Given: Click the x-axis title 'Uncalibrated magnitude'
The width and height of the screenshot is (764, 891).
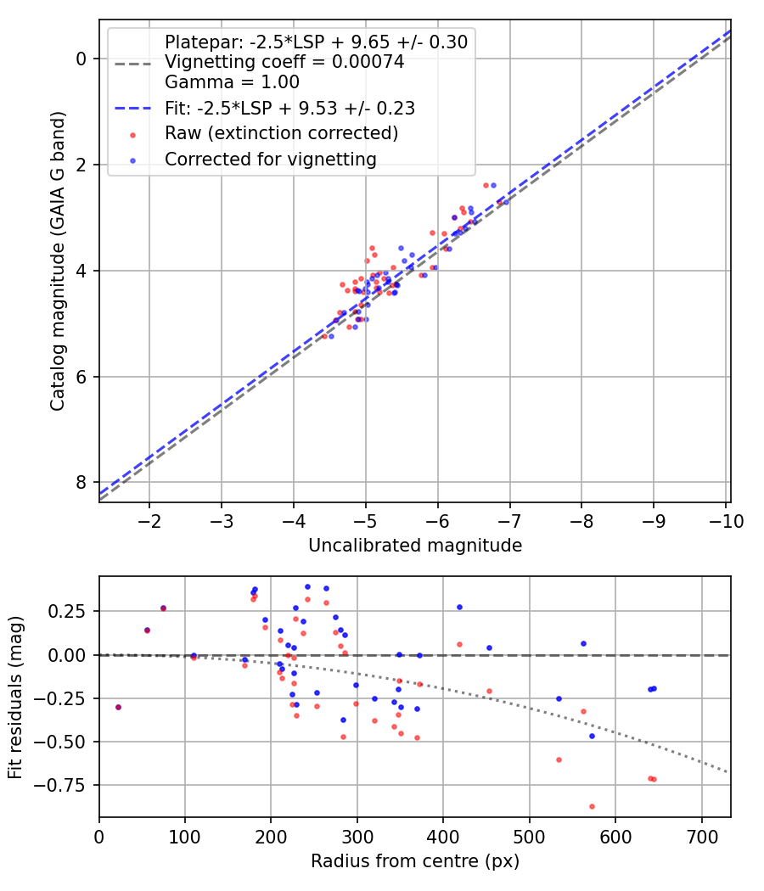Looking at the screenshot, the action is pyautogui.click(x=415, y=546).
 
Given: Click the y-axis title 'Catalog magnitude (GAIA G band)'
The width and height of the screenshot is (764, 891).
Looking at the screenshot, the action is pyautogui.click(x=58, y=261).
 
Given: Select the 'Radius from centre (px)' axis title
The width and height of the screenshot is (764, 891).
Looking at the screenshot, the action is pyautogui.click(x=415, y=861).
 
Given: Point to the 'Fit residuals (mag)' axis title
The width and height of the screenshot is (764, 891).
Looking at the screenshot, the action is pyautogui.click(x=15, y=697).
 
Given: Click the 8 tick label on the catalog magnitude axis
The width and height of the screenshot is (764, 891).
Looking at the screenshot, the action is pyautogui.click(x=81, y=483).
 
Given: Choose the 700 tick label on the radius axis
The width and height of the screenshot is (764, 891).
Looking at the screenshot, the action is pyautogui.click(x=702, y=837).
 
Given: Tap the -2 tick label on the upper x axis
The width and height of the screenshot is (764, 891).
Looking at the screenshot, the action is pyautogui.click(x=149, y=521).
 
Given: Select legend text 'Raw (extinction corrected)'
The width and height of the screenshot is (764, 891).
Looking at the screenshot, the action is pyautogui.click(x=281, y=133).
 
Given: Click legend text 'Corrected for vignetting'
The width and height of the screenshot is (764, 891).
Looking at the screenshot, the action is pyautogui.click(x=271, y=160).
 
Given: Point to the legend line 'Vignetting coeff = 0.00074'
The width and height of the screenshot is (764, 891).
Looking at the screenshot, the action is pyautogui.click(x=284, y=62).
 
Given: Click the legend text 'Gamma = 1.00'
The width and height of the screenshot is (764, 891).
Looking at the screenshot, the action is pyautogui.click(x=232, y=82).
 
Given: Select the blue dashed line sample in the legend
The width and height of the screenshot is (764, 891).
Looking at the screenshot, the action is pyautogui.click(x=132, y=108).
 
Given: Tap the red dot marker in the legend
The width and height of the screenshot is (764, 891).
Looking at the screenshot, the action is pyautogui.click(x=133, y=135).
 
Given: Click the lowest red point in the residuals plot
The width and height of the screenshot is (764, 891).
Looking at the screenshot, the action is pyautogui.click(x=592, y=806).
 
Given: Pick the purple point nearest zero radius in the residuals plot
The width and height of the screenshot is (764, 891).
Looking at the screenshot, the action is pyautogui.click(x=118, y=707).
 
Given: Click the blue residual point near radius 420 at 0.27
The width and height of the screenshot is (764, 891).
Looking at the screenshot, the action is pyautogui.click(x=459, y=607).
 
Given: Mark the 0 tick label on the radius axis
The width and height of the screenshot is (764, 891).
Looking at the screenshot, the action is pyautogui.click(x=99, y=837).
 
